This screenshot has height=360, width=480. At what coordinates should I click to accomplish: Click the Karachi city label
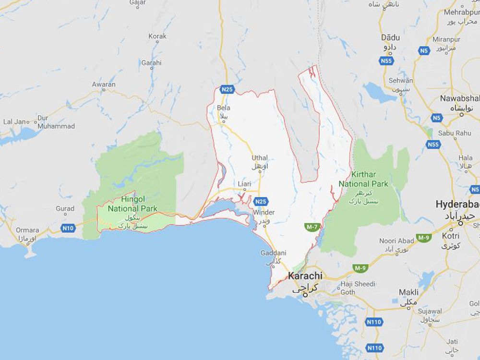coord(305,276)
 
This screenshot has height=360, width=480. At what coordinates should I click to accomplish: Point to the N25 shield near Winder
coord(261,201)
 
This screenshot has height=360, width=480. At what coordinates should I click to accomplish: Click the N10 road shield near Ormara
coord(68,228)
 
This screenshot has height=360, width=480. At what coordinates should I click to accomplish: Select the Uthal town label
coord(260,158)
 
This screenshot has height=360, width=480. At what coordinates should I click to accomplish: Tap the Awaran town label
coord(104,84)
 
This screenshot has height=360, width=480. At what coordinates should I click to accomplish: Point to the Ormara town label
coord(27,230)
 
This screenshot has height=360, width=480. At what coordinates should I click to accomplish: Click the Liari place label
coord(244,183)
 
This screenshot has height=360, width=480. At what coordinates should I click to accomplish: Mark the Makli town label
coord(408,292)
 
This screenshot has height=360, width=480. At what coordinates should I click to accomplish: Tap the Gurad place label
coord(65,209)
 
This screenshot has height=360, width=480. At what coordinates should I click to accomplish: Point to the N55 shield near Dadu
coord(386,61)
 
